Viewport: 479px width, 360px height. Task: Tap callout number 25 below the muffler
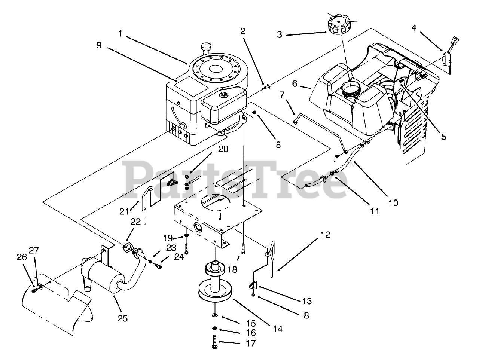coord(122,318)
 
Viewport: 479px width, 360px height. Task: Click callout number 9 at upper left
coord(99,45)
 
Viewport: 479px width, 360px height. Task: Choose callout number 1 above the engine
coord(120,33)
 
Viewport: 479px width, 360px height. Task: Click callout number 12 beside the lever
coord(325,235)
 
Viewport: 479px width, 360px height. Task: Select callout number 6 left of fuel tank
coord(295,83)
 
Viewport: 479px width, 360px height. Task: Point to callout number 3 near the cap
coord(279,35)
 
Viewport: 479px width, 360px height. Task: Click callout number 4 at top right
coord(414,27)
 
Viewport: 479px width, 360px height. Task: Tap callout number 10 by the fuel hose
coord(393,203)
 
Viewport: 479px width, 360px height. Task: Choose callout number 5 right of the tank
coord(443,137)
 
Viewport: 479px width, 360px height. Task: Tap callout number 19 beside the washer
coord(168,238)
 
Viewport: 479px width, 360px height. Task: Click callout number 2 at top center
coord(243,31)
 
